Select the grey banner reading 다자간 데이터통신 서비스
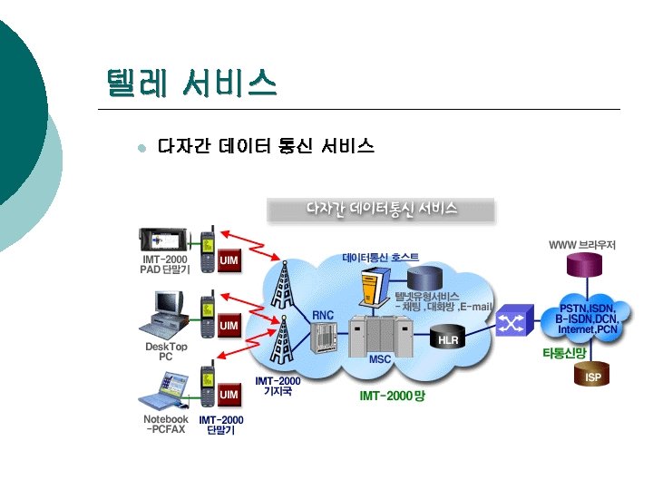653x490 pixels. (x=381, y=210)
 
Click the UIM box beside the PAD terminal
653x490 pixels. (x=229, y=260)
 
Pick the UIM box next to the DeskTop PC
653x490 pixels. (x=229, y=325)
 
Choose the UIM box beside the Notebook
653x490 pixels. (x=229, y=394)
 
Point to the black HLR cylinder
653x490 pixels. (x=448, y=338)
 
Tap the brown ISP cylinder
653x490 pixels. (x=593, y=375)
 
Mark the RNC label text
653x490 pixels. (x=324, y=315)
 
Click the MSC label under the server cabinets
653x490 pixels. (x=380, y=359)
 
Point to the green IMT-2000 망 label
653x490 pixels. (x=392, y=396)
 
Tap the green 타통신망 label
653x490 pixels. (x=564, y=352)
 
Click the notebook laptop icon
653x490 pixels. (x=167, y=390)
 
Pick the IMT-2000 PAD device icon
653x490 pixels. (x=164, y=240)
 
